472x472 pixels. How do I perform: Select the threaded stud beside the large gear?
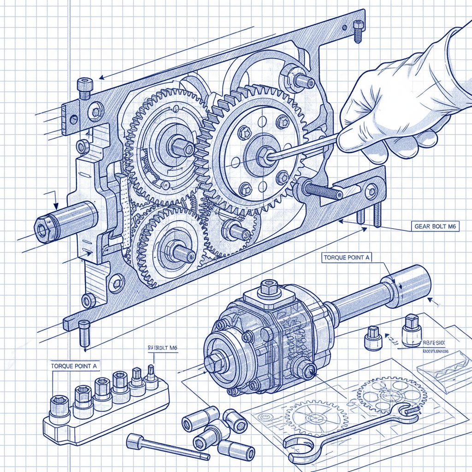point(323,190)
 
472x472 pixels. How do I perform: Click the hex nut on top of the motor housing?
point(269,288)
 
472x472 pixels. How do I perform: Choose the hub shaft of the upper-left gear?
point(183,147)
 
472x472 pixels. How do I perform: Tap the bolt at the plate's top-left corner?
point(84,88)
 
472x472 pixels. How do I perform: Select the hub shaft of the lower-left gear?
point(183,252)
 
